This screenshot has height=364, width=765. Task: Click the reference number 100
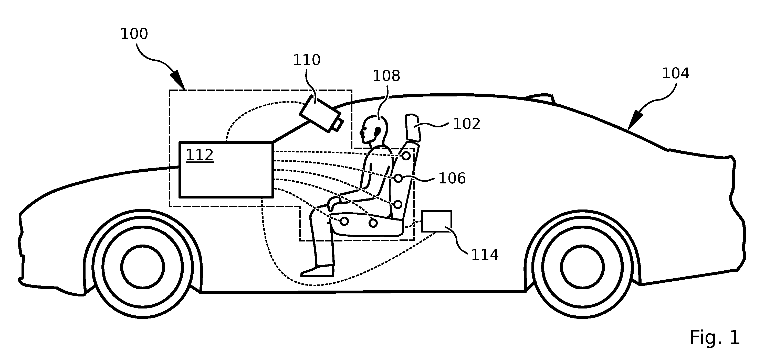coord(134,34)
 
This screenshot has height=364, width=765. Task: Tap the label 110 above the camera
coord(307,60)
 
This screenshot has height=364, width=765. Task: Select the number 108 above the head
coord(386,76)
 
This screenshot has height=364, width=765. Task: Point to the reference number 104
coord(676,73)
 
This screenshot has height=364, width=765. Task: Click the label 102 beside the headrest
coord(467,124)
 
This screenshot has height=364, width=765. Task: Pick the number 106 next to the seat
coord(452,178)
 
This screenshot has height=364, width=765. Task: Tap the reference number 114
coord(485,255)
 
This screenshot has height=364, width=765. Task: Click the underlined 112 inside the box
coord(200,155)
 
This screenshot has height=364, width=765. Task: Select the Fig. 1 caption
coord(715,338)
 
